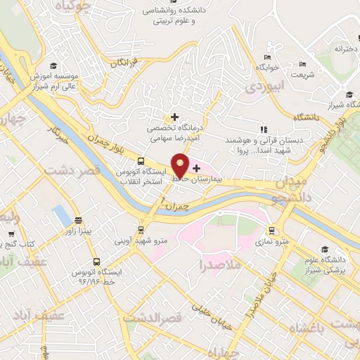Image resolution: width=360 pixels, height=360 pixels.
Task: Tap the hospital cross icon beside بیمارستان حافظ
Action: coord(195,168)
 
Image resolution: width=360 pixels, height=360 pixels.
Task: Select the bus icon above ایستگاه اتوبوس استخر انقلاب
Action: coord(141,160)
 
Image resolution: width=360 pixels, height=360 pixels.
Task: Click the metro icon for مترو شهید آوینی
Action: coord(141,229)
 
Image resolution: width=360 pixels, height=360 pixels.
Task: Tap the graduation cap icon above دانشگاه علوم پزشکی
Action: coord(324,250)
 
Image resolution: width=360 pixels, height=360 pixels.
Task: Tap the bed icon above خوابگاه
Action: coord(267,57)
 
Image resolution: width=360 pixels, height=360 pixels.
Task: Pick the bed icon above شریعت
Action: coord(303,64)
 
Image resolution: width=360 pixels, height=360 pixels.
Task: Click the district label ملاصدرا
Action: coord(220,265)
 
